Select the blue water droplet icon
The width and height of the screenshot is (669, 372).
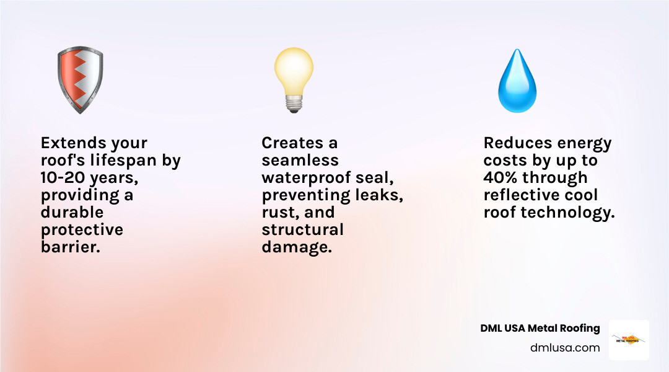[517, 84]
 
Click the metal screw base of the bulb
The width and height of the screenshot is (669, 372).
[294, 104]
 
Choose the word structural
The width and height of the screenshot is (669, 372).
[302, 229]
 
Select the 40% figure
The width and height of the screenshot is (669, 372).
[501, 178]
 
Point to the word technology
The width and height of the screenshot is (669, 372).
[568, 213]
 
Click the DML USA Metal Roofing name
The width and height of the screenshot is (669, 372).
[540, 328]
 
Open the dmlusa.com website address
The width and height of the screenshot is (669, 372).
[565, 348]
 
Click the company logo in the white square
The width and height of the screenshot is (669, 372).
[629, 339]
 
